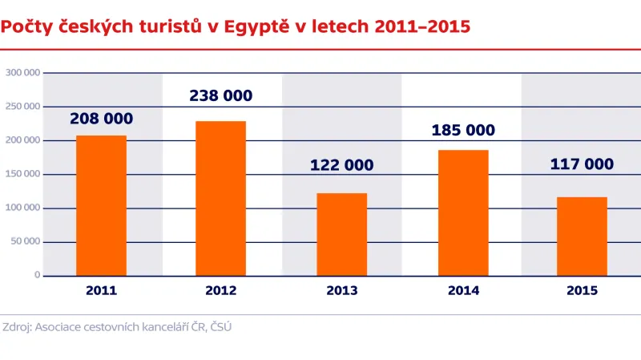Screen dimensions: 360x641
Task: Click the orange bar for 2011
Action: (101, 205)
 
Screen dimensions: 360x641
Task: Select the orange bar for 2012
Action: (221, 198)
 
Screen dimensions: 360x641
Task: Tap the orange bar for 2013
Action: (341, 234)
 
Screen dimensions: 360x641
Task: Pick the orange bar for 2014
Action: (462, 212)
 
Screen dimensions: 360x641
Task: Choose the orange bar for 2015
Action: (582, 236)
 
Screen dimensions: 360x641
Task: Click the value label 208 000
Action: (101, 119)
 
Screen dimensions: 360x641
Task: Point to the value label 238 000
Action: (220, 96)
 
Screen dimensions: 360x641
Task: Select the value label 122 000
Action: (341, 165)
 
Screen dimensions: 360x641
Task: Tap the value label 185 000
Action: (463, 130)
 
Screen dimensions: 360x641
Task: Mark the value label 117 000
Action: (582, 164)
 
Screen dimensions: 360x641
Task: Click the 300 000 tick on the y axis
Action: (22, 73)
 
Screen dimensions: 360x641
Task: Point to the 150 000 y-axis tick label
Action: (22, 174)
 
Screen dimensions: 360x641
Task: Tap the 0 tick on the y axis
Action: (37, 275)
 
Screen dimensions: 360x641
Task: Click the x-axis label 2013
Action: (341, 291)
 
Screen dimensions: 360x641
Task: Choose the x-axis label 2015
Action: (582, 291)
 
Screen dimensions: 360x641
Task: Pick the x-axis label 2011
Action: (101, 291)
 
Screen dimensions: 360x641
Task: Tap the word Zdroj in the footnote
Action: (18, 327)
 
